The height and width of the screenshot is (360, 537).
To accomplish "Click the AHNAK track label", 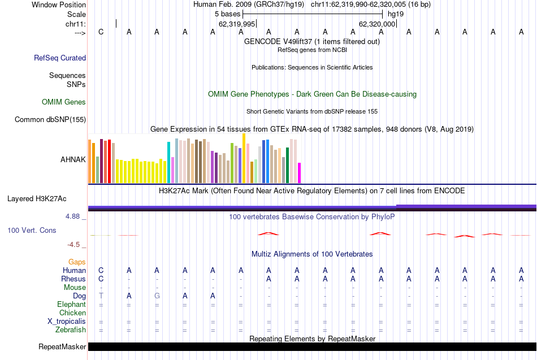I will (x=73, y=159).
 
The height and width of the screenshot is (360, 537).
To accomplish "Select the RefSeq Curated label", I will (x=60, y=58).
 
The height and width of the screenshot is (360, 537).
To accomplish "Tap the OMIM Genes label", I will (x=64, y=102).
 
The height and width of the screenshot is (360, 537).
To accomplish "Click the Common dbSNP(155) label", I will (x=50, y=119).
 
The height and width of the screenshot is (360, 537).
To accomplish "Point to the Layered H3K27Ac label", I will (x=37, y=198).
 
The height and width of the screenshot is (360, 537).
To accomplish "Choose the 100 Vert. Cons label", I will (x=32, y=230).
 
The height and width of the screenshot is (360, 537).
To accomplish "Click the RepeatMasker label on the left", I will (x=62, y=346).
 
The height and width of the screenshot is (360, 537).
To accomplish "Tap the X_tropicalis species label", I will (x=67, y=322).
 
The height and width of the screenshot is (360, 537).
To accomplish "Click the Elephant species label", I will (x=71, y=304).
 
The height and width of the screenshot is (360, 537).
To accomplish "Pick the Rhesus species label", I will (x=73, y=279).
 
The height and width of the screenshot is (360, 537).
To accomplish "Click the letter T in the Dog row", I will (x=101, y=296).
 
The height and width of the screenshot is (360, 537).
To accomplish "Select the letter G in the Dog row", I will (x=157, y=296).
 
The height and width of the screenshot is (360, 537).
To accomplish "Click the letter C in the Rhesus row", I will (x=101, y=279).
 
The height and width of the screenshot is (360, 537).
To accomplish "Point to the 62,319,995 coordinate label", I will (x=237, y=24).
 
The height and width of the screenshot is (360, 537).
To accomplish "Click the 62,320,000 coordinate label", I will (x=378, y=24).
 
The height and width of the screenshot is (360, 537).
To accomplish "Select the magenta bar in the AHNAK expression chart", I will (x=300, y=172).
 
